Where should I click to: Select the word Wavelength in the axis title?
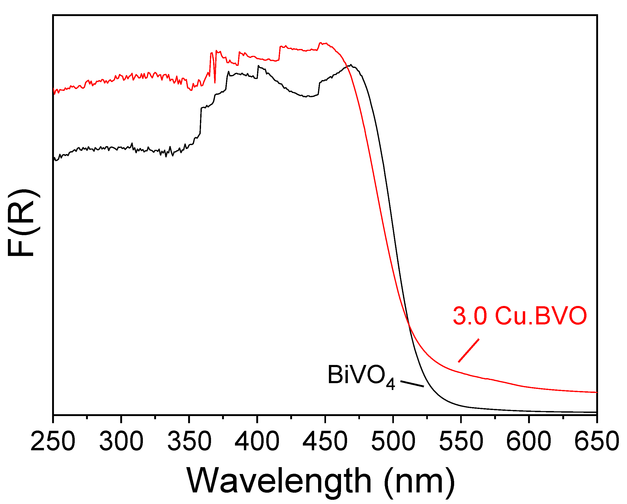point(279,481)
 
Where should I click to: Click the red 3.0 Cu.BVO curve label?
point(520,316)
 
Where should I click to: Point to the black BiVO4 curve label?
point(361,376)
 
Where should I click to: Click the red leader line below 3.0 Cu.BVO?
point(469,351)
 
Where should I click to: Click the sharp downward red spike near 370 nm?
point(215,82)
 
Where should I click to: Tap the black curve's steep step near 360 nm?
point(201,121)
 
